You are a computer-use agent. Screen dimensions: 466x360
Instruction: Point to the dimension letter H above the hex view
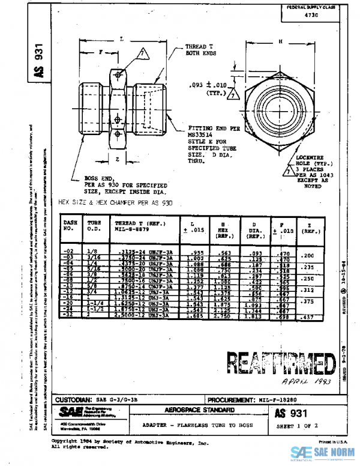pos(280,41)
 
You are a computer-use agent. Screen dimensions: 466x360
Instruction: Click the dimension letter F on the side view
pos(100,53)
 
